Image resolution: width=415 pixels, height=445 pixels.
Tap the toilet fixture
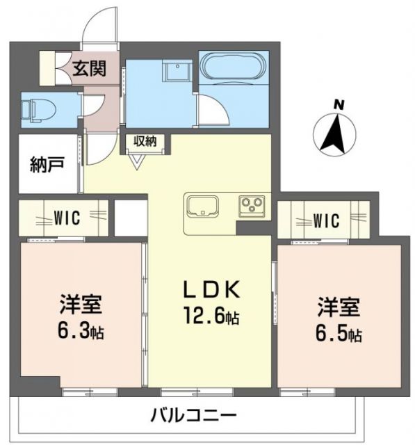click(x=33, y=108)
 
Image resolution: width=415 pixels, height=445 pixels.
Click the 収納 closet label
click(x=142, y=141)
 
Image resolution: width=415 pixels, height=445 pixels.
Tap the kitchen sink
click(x=202, y=205)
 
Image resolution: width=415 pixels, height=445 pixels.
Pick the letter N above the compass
click(x=339, y=105)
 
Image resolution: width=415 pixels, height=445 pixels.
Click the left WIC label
click(x=67, y=218)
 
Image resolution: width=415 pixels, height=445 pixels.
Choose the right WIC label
click(x=325, y=221)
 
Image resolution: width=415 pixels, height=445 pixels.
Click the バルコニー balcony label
click(x=194, y=416)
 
